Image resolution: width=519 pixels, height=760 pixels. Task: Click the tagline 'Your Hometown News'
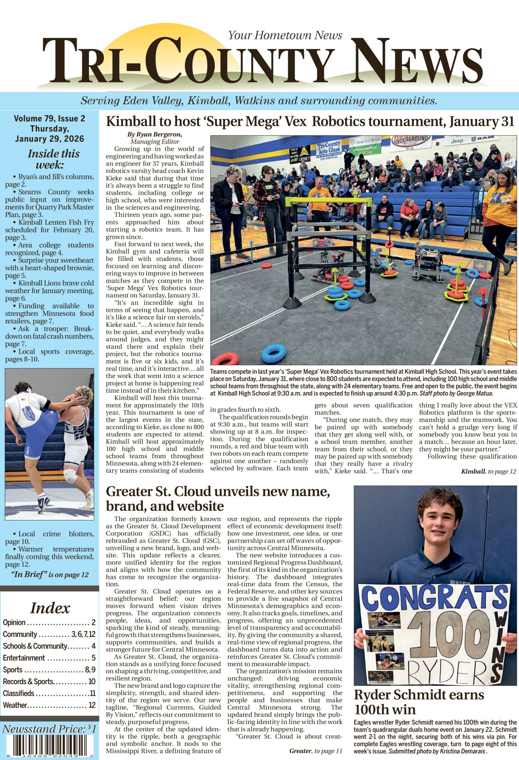[x=285, y=35]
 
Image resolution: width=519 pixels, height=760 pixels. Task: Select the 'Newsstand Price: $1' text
[x=49, y=729]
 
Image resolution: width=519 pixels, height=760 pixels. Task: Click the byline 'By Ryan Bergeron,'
[x=155, y=134]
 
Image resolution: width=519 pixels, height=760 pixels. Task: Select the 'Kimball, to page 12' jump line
[x=488, y=471]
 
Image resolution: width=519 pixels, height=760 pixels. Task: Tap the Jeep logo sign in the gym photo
[x=457, y=141]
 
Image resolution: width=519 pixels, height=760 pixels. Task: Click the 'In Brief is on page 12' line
[x=50, y=574]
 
